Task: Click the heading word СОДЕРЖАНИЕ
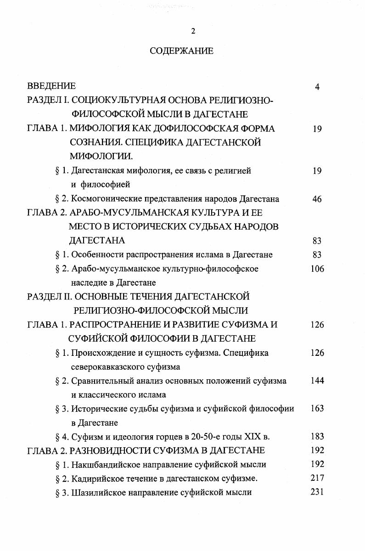[181, 51]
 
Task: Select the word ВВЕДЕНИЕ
[51, 86]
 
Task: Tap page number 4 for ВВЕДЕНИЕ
[317, 87]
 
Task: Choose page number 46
[317, 199]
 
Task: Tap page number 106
[317, 269]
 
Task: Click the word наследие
[89, 282]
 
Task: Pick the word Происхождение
[99, 353]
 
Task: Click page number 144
[317, 381]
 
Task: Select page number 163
[317, 408]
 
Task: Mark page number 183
[317, 436]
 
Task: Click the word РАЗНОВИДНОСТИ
[108, 450]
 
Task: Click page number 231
[317, 492]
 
